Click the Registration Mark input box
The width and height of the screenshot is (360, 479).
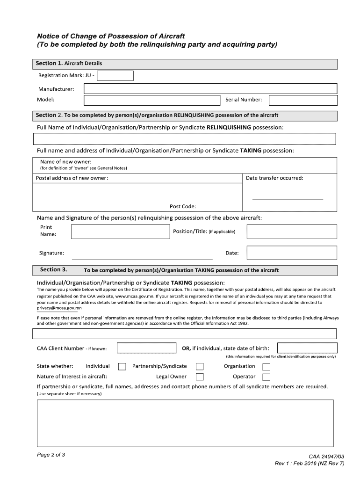[x=115, y=76]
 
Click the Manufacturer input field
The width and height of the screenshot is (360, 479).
[x=210, y=89]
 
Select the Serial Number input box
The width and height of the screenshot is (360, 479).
[x=302, y=100]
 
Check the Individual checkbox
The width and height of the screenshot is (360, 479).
[x=122, y=366]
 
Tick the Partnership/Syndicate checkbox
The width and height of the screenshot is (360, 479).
[x=200, y=366]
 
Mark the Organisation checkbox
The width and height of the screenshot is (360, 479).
[x=266, y=366]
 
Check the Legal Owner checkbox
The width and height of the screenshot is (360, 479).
[x=200, y=377]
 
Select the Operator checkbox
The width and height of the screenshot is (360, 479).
[x=266, y=377]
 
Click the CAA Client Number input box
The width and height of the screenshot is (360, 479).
[x=146, y=348]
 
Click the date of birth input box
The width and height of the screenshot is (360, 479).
[x=307, y=348]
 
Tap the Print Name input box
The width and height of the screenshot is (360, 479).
[x=120, y=232]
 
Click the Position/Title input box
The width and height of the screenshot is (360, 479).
[x=292, y=232]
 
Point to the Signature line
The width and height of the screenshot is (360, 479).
[x=142, y=258]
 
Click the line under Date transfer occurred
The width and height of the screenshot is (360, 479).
[x=288, y=199]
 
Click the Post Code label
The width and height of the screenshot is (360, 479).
[x=183, y=206]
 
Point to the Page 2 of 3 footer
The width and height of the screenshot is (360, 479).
[x=51, y=454]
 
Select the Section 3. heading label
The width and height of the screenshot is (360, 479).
[x=54, y=269]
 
